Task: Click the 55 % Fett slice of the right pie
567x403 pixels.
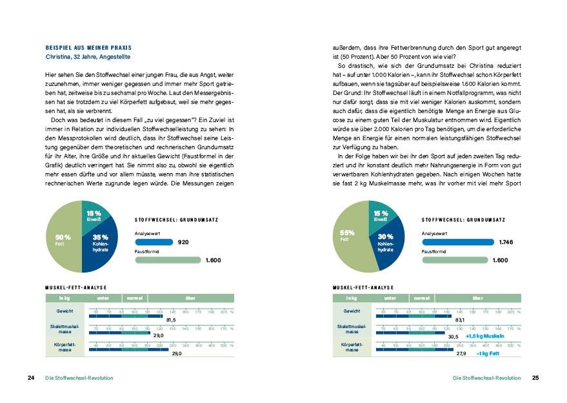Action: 349,236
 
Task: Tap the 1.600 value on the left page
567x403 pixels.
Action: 213,260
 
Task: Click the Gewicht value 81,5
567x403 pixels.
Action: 171,320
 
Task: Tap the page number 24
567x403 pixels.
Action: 30,378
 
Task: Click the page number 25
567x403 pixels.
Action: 535,378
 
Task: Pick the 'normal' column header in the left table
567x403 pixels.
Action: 134,298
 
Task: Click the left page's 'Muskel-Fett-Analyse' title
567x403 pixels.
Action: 75,287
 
